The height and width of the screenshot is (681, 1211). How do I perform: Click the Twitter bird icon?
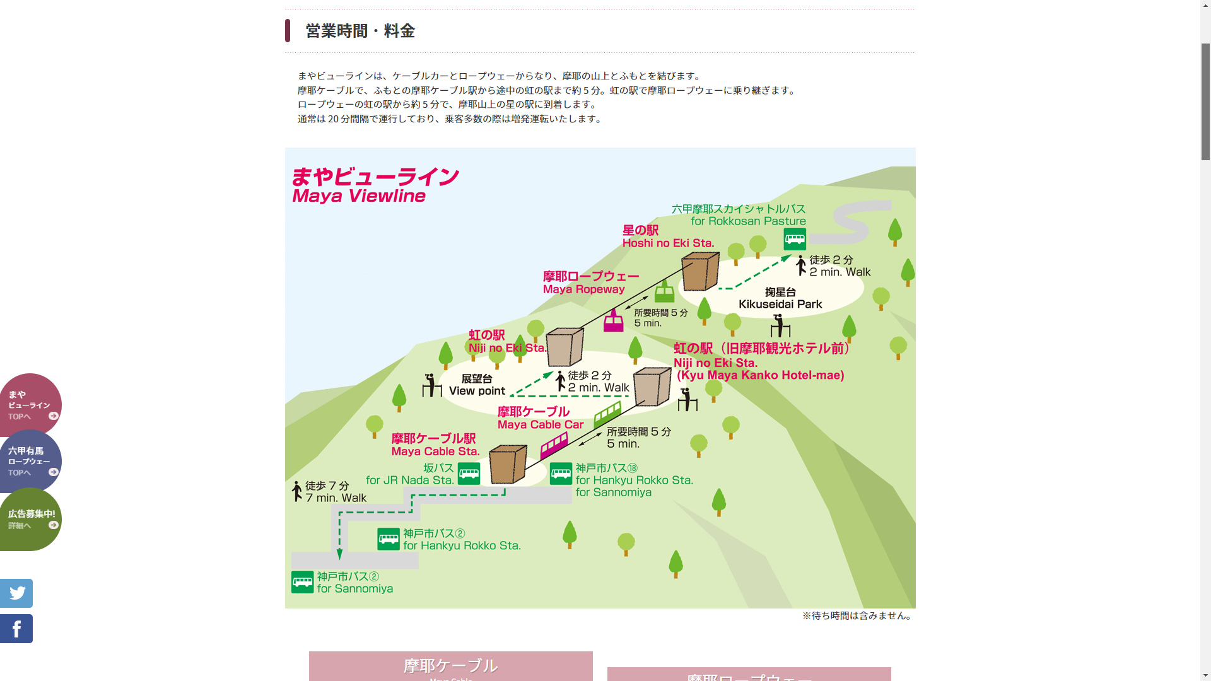16,593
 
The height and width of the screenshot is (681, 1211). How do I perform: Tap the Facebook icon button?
16,629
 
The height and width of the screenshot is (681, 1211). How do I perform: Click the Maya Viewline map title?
375,185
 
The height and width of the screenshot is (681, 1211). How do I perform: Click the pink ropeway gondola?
613,321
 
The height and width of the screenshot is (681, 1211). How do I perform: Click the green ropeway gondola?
664,291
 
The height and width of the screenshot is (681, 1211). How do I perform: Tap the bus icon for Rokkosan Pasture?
795,240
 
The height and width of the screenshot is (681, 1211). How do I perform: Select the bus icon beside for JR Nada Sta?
469,474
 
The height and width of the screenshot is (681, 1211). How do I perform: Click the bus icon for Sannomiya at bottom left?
302,582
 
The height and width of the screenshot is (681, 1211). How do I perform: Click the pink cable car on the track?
554,446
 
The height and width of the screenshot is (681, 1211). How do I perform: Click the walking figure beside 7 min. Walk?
297,491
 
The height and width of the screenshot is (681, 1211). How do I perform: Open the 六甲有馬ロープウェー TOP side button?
30,462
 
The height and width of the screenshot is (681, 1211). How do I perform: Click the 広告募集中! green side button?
30,519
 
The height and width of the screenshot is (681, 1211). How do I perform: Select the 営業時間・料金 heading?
360,31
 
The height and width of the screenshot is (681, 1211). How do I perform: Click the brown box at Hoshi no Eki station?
700,271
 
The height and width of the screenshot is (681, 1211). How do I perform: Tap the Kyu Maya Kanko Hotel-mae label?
760,375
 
